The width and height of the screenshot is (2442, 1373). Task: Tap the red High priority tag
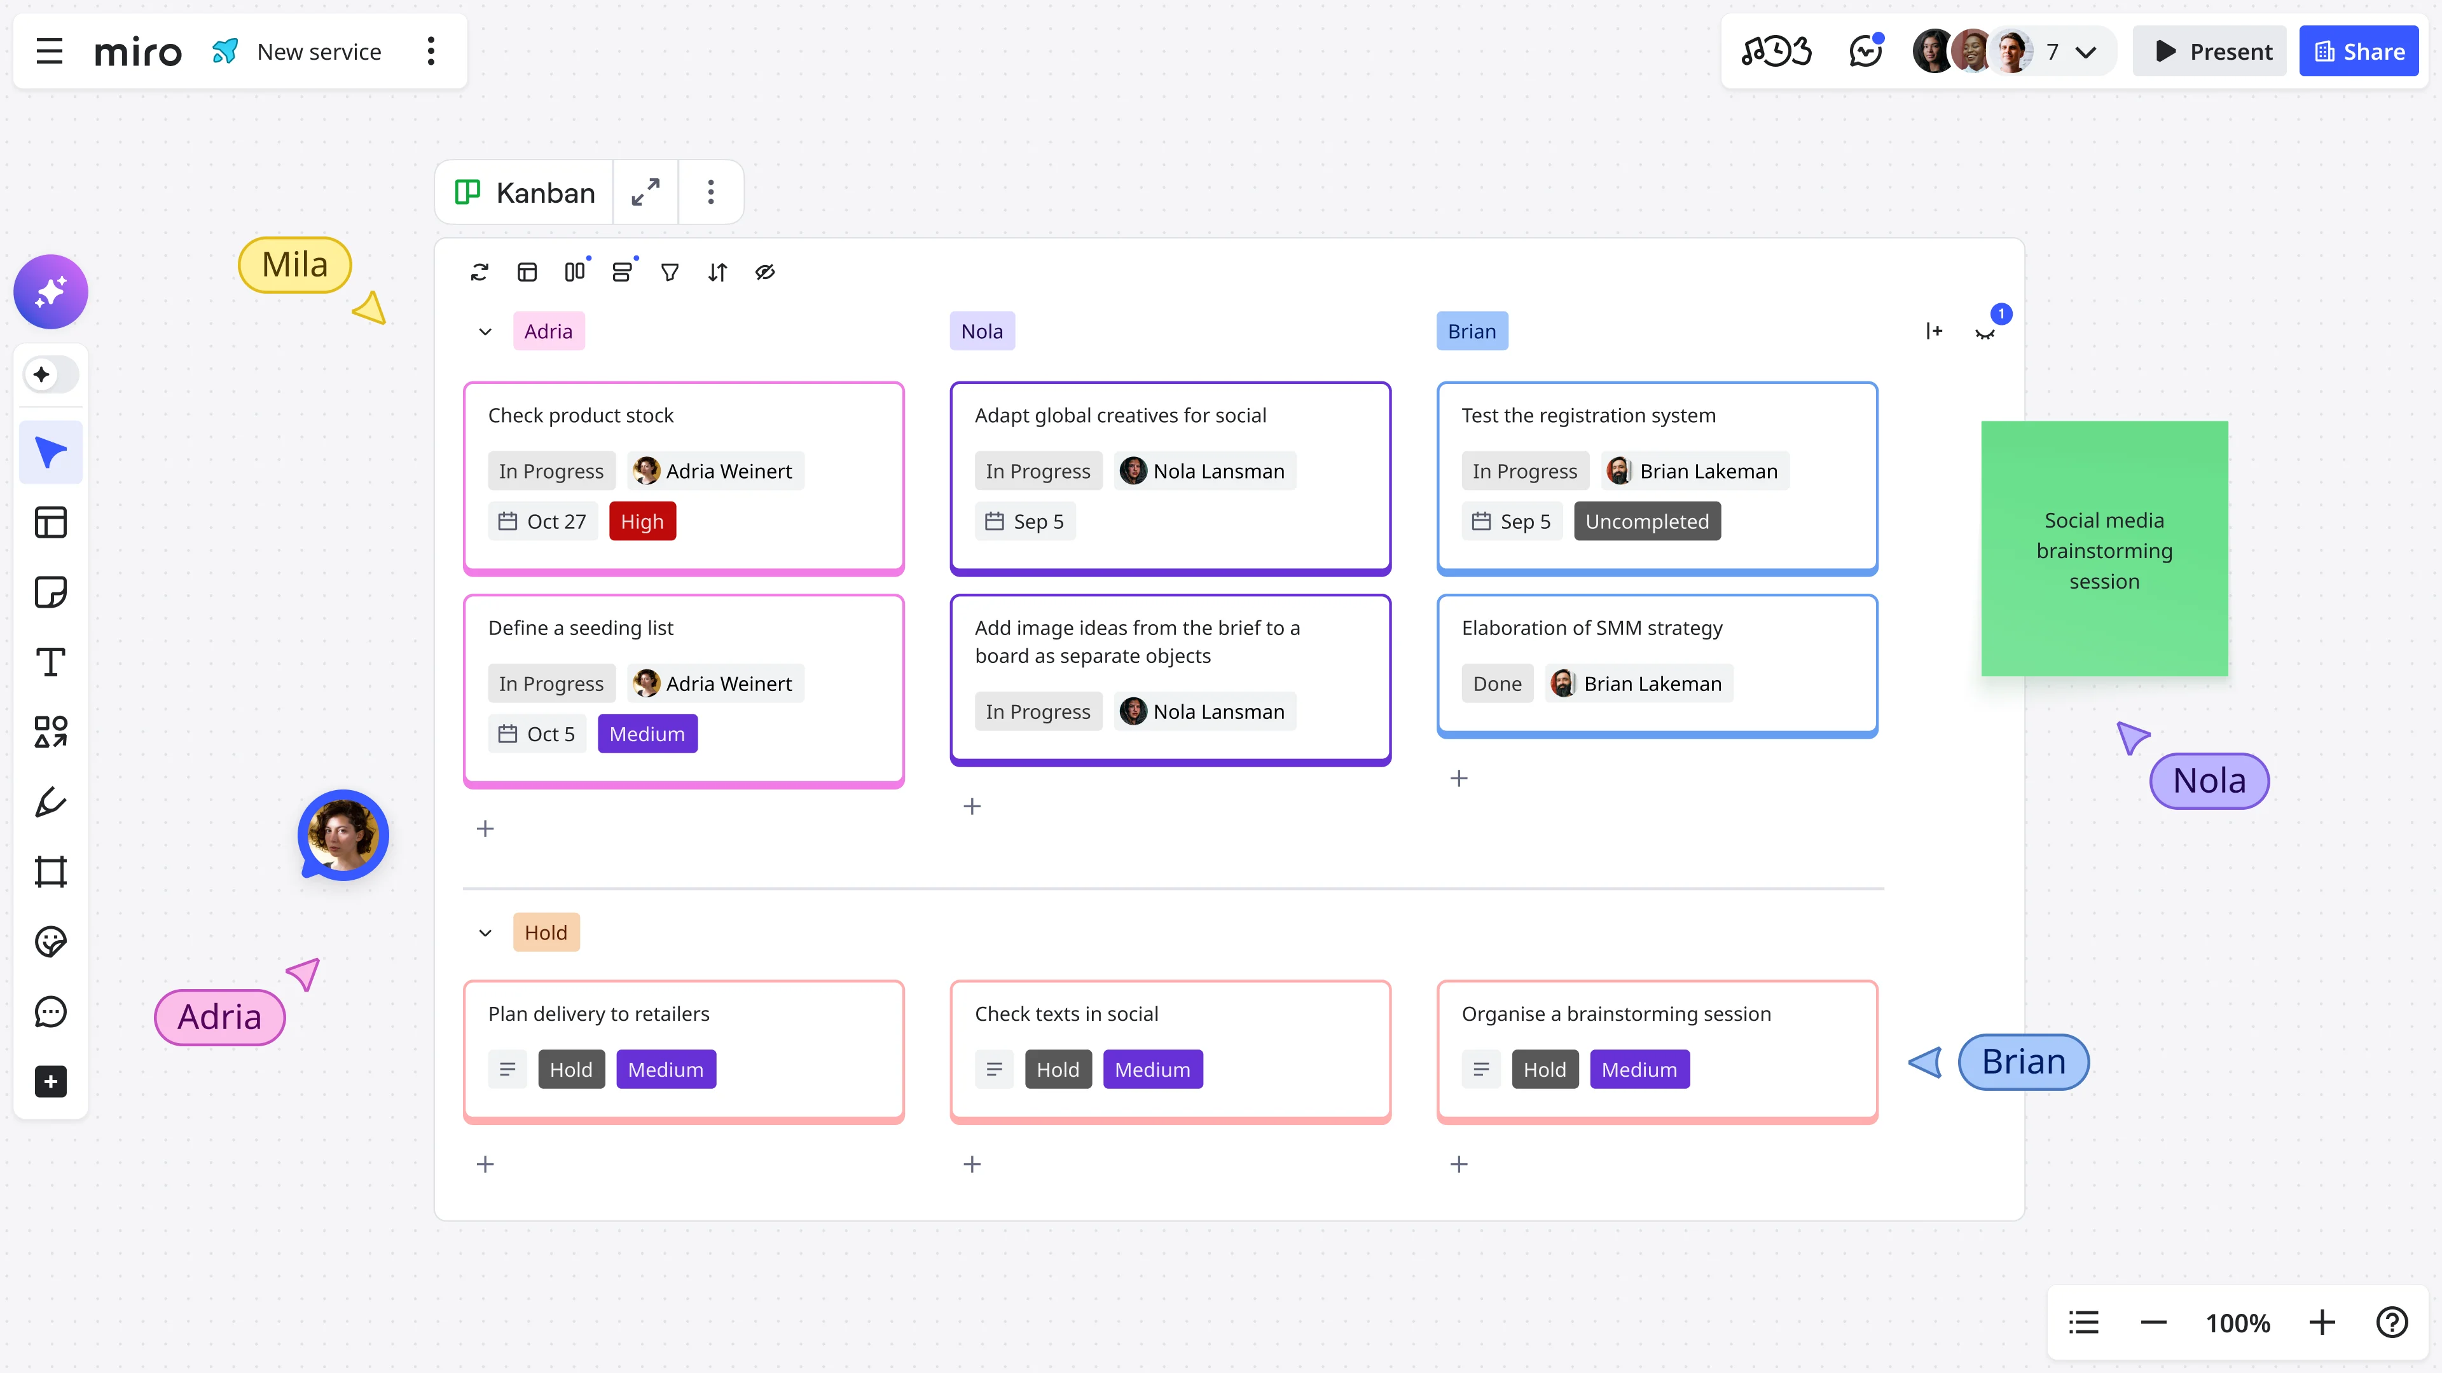[x=642, y=521]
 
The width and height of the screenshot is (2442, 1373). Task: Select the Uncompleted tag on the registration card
[x=1646, y=521]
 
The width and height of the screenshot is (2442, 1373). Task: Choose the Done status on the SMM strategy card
[x=1497, y=683]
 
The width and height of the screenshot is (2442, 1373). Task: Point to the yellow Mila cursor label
[x=295, y=264]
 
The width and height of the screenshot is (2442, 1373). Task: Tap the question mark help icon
[x=2392, y=1322]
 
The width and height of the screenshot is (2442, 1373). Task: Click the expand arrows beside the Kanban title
[x=645, y=193]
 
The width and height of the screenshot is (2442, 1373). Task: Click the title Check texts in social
[x=1066, y=1013]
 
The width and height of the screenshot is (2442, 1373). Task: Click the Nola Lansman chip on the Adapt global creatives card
[x=1204, y=471]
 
